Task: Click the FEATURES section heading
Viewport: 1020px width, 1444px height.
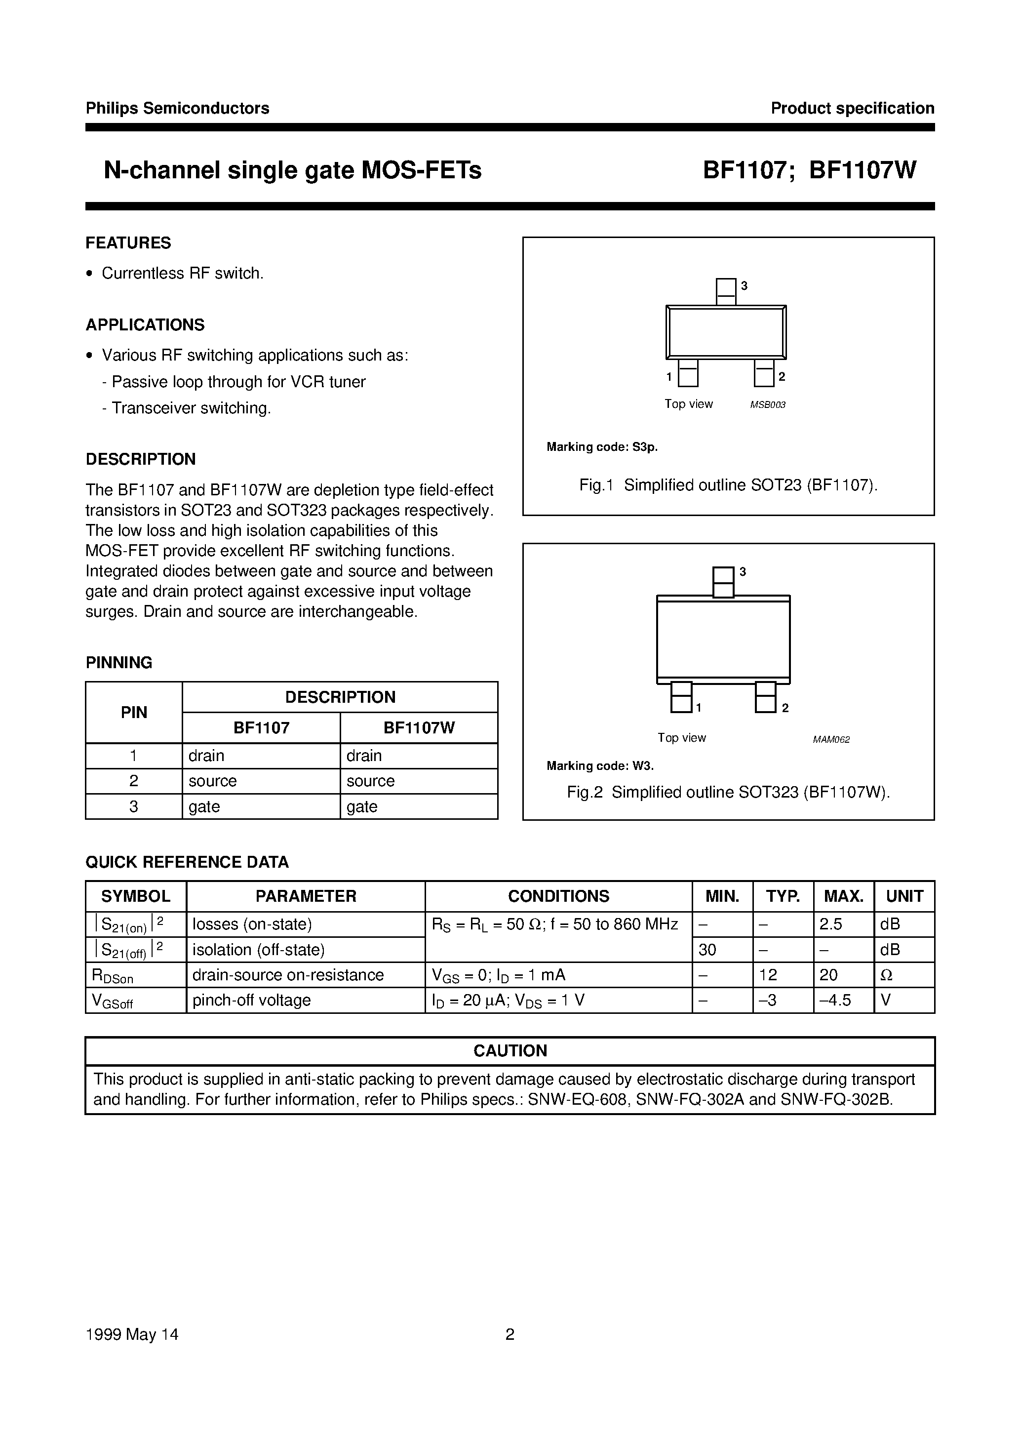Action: (128, 243)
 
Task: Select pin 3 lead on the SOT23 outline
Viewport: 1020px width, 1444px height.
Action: (726, 292)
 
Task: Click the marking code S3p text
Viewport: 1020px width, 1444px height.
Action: (601, 447)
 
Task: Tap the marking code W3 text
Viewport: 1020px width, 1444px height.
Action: (599, 765)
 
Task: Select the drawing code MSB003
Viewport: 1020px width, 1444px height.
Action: (767, 405)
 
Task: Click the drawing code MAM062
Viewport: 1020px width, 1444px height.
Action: (831, 740)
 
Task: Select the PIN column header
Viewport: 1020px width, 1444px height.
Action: (133, 713)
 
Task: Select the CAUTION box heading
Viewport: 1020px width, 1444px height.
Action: (510, 1051)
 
